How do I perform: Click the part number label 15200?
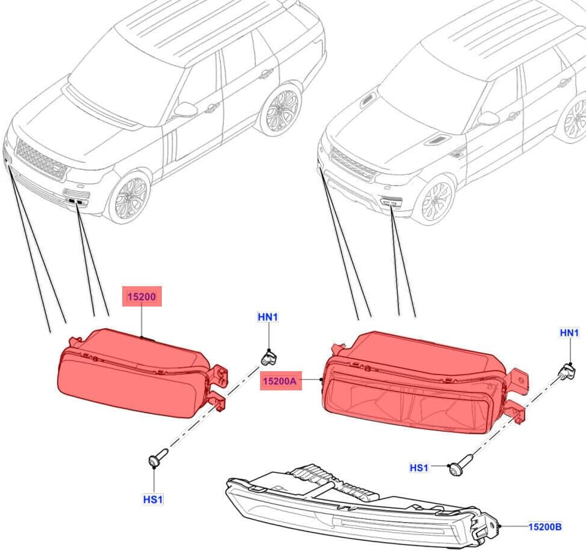pyautogui.click(x=142, y=297)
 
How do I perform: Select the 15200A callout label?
pyautogui.click(x=280, y=381)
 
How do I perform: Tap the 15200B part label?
pyautogui.click(x=545, y=527)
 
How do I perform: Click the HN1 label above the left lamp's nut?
pyautogui.click(x=268, y=317)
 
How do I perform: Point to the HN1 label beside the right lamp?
pyautogui.click(x=569, y=332)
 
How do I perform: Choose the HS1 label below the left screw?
pyautogui.click(x=153, y=499)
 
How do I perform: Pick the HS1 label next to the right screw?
pyautogui.click(x=419, y=468)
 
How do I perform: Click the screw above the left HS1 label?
pyautogui.click(x=158, y=457)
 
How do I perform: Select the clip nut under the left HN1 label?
pyautogui.click(x=268, y=357)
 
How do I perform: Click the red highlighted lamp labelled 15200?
pyautogui.click(x=140, y=374)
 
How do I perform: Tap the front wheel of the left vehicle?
pyautogui.click(x=129, y=198)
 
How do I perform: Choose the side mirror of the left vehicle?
pyautogui.click(x=186, y=110)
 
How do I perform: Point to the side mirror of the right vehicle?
pyautogui.click(x=488, y=119)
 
